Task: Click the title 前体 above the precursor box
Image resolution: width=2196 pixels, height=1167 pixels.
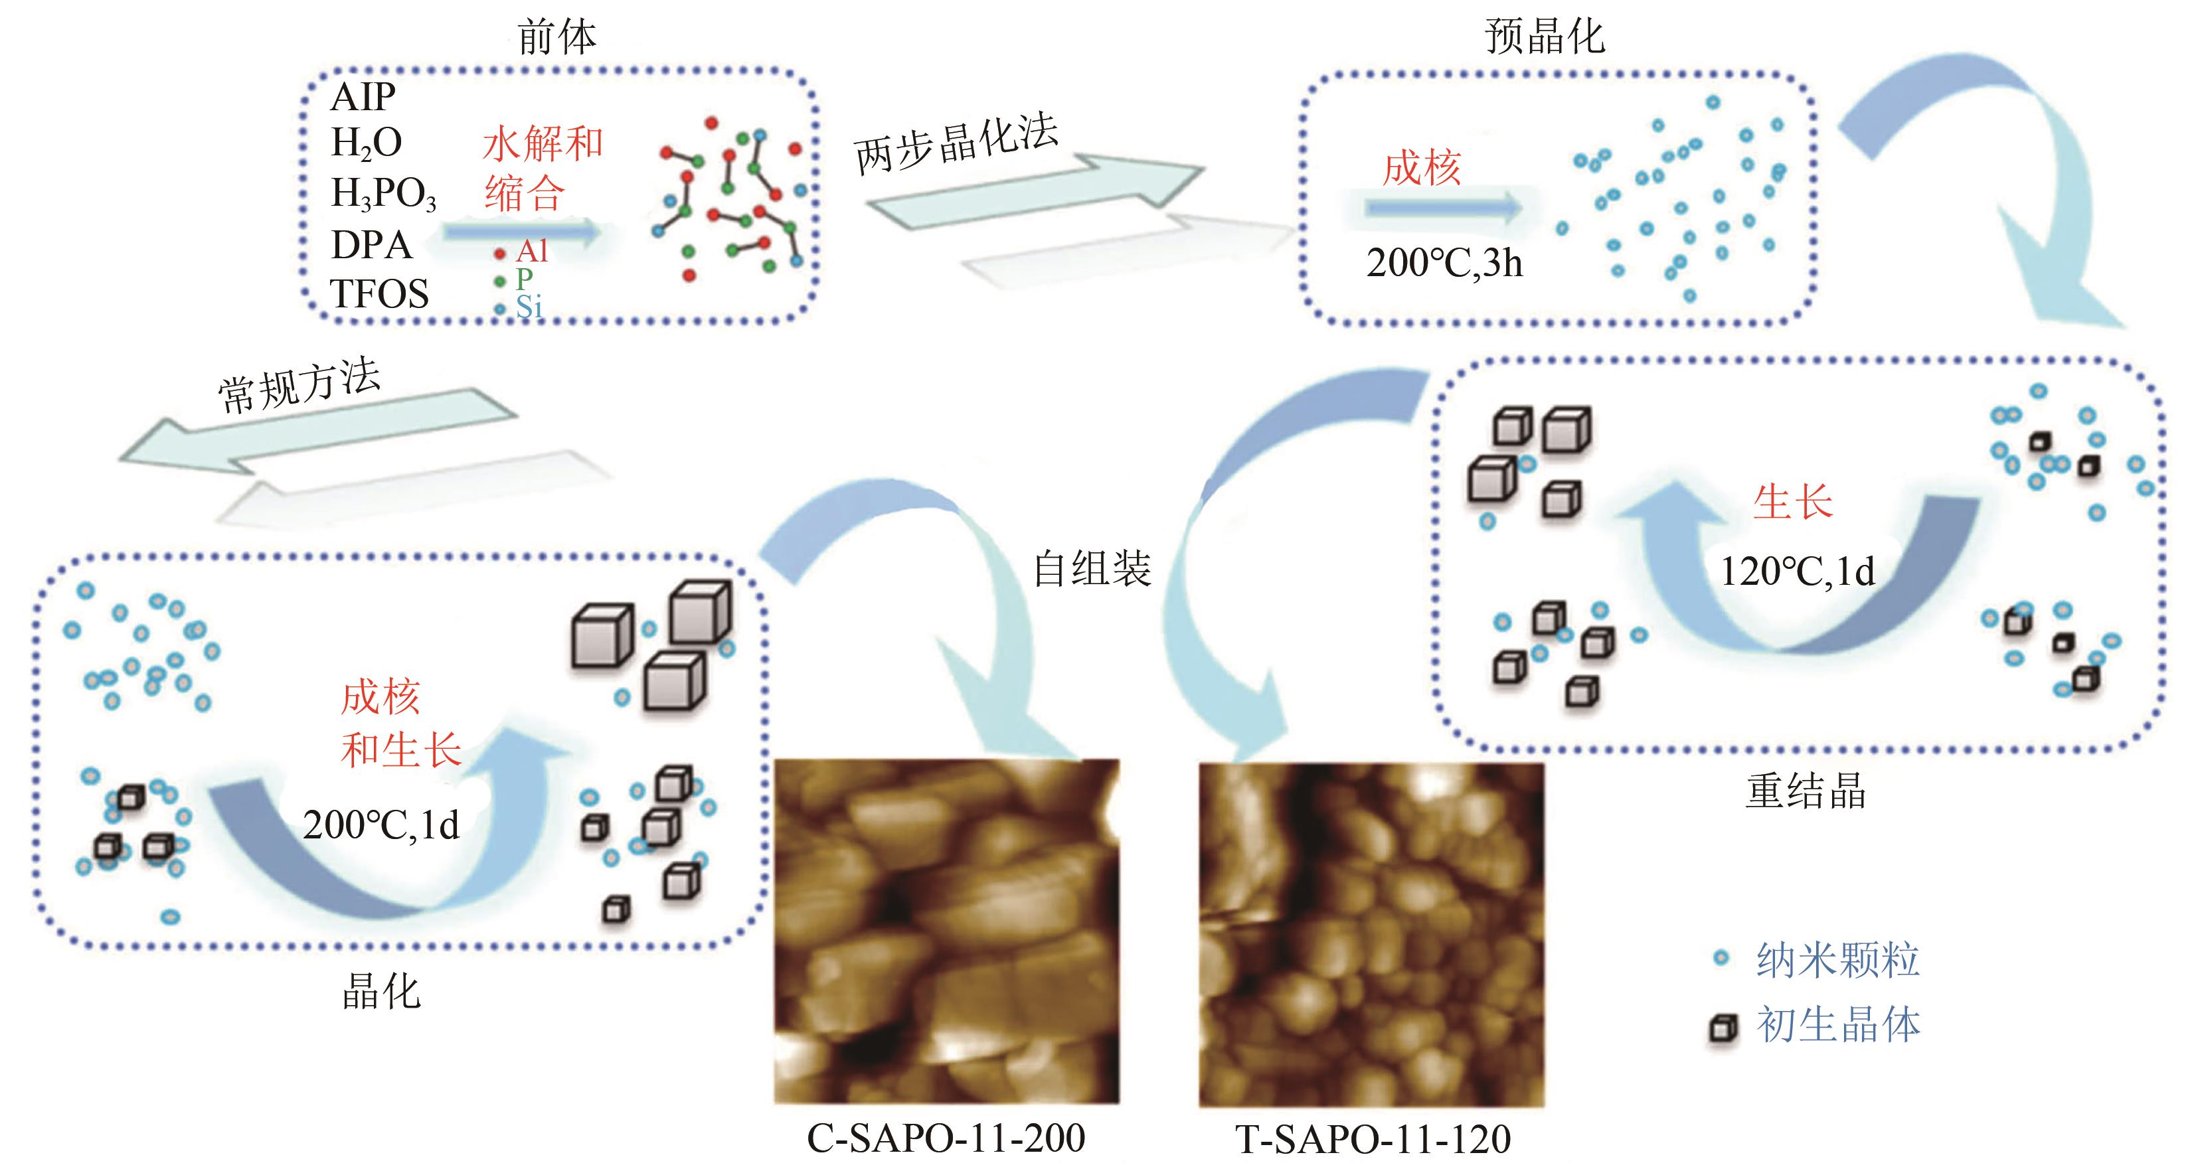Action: (x=556, y=38)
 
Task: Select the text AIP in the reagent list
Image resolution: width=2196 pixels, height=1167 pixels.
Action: (x=363, y=97)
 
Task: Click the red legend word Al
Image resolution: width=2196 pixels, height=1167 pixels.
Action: (x=532, y=252)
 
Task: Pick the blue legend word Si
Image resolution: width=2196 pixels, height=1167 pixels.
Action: (x=529, y=307)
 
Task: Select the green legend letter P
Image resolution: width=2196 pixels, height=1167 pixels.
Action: (x=525, y=279)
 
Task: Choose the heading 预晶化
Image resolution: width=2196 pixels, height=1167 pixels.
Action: (x=1544, y=38)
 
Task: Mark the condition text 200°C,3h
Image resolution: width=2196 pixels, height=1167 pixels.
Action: (x=1444, y=263)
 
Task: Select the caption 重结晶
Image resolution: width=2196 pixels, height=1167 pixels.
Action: (x=1806, y=791)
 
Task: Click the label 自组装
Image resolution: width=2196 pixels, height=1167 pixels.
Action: (x=1092, y=569)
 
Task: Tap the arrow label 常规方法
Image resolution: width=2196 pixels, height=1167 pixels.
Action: (x=298, y=385)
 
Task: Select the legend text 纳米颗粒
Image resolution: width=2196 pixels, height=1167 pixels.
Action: (x=1837, y=960)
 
